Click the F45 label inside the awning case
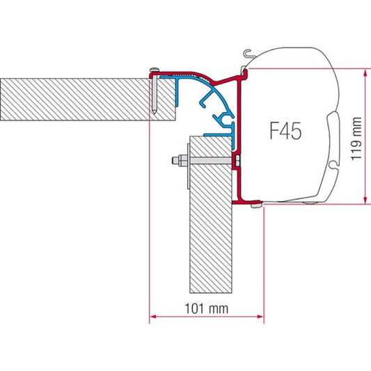[284, 132]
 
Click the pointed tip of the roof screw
[155, 112]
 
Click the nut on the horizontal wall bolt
[180, 163]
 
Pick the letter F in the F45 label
[271, 132]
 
